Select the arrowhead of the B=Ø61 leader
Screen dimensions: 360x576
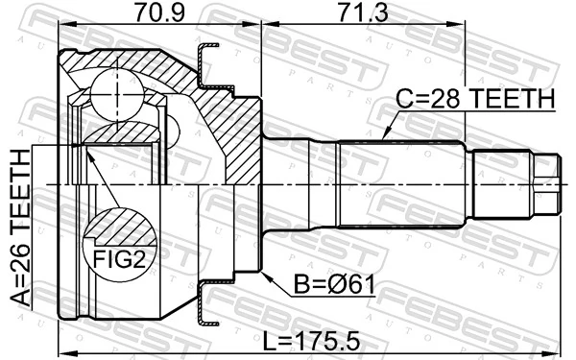(x=265, y=271)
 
